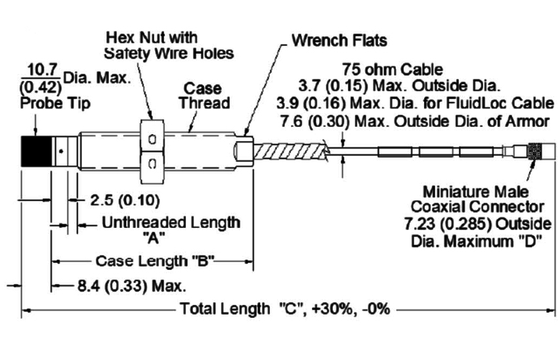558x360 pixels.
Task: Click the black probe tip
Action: [x=36, y=152]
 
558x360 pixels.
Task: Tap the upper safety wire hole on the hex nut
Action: [x=152, y=139]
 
